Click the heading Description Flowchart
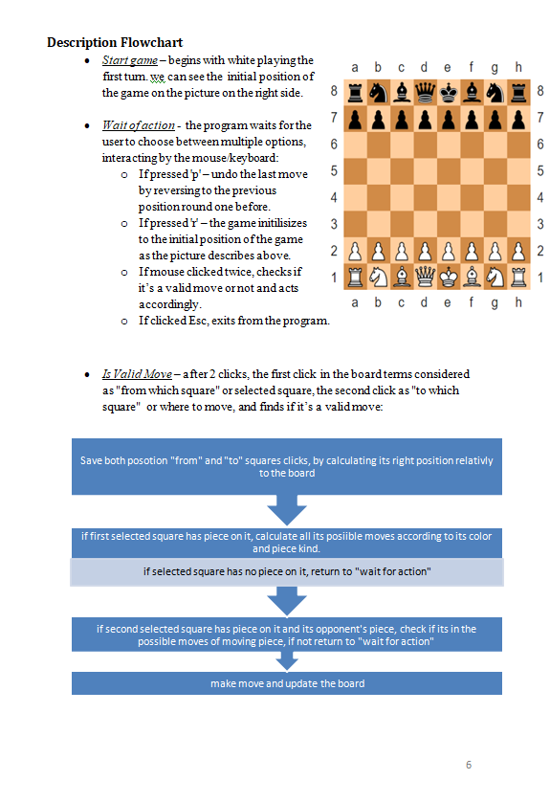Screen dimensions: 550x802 tap(115, 42)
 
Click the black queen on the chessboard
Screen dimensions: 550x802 tap(425, 92)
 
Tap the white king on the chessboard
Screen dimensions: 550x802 tap(448, 278)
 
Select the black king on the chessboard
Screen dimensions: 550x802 tap(448, 92)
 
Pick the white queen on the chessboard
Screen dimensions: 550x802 tap(425, 278)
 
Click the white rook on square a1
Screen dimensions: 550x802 tap(355, 278)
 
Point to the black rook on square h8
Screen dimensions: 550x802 tap(517, 92)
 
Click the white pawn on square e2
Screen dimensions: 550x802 tap(448, 252)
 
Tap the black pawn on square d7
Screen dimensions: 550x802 tap(425, 119)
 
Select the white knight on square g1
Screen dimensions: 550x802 tap(495, 278)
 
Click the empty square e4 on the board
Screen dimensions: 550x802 tap(448, 198)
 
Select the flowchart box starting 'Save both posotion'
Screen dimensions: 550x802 tap(287, 466)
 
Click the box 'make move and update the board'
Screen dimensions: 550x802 tap(287, 683)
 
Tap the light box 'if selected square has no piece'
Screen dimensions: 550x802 tap(287, 571)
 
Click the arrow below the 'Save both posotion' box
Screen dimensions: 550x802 tap(287, 509)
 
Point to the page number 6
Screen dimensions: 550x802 tap(469, 765)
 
